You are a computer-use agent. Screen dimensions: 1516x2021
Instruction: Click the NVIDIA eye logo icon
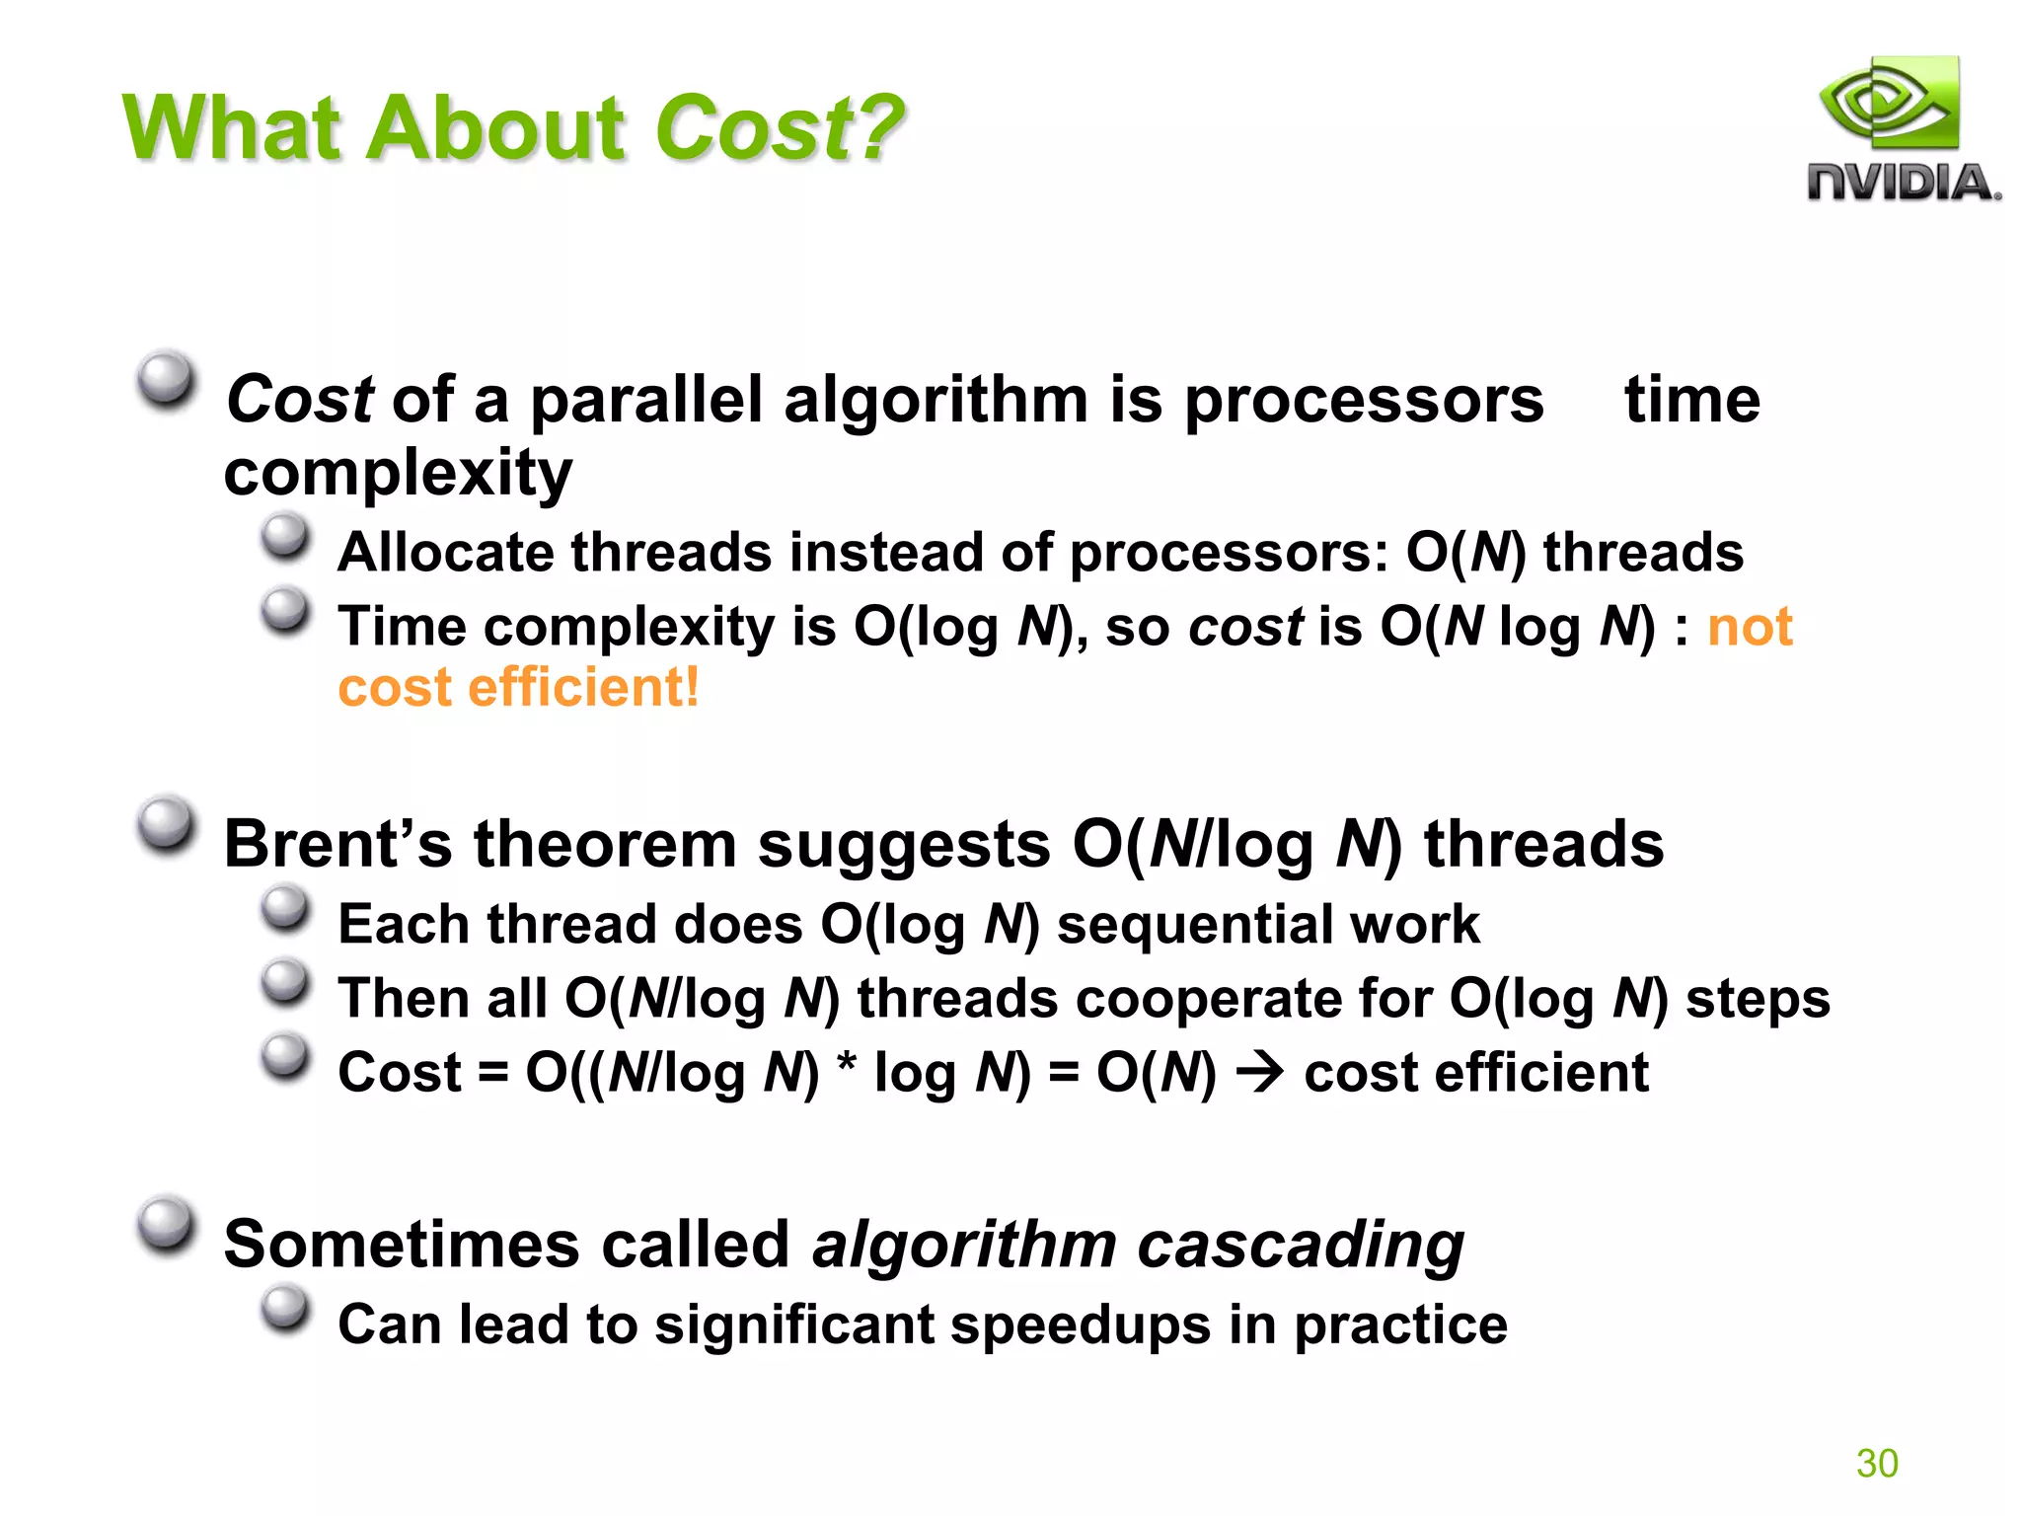pyautogui.click(x=1889, y=104)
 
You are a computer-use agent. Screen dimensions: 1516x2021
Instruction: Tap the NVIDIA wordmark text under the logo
pyautogui.click(x=1904, y=184)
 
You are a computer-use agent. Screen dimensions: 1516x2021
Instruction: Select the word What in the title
pyautogui.click(x=235, y=128)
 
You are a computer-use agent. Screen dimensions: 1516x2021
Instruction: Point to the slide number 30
pyautogui.click(x=1876, y=1463)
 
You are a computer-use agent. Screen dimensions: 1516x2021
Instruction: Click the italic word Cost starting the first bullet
pyautogui.click(x=299, y=400)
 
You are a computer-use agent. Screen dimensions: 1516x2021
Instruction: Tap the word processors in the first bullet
pyautogui.click(x=1363, y=400)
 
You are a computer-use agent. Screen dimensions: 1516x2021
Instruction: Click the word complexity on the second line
pyautogui.click(x=398, y=473)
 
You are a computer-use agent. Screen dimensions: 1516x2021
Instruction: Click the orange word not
pyautogui.click(x=1749, y=627)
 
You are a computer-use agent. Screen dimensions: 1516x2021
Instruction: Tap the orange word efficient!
pyautogui.click(x=583, y=687)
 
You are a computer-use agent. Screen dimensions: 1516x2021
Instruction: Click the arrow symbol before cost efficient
pyautogui.click(x=1260, y=1073)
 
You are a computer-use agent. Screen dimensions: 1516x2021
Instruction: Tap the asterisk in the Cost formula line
pyautogui.click(x=846, y=1068)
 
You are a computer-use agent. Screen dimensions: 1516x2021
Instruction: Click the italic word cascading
pyautogui.click(x=1301, y=1244)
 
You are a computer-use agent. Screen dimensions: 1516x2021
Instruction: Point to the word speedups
pyautogui.click(x=1081, y=1326)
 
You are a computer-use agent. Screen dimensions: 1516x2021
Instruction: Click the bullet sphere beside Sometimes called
pyautogui.click(x=165, y=1225)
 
